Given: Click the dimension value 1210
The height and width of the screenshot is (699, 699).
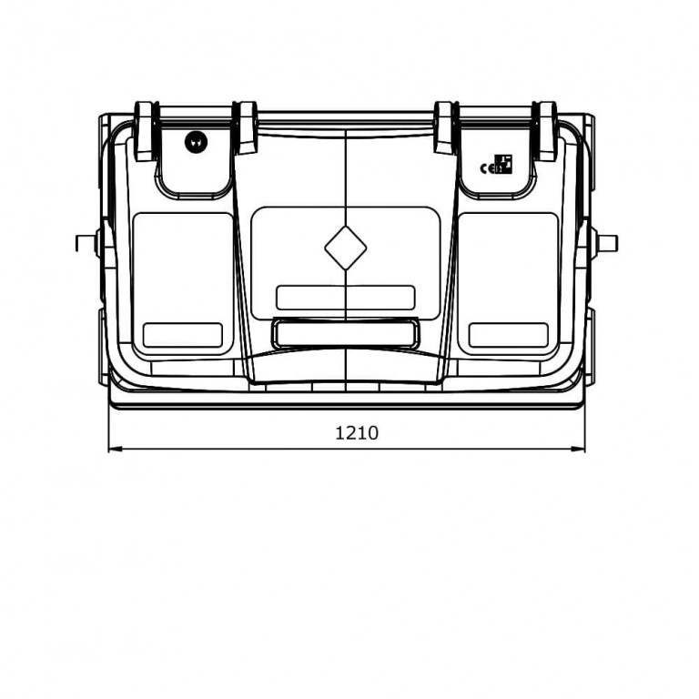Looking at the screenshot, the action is pyautogui.click(x=357, y=433).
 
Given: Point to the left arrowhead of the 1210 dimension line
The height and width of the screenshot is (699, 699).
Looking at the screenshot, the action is pyautogui.click(x=115, y=449).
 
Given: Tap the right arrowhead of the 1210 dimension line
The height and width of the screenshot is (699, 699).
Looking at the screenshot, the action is pyautogui.click(x=578, y=449).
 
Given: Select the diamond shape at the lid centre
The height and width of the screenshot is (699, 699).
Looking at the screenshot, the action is pyautogui.click(x=346, y=248).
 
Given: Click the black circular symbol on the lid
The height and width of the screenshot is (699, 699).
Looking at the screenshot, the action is pyautogui.click(x=197, y=142).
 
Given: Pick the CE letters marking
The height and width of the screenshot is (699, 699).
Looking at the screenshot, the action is pyautogui.click(x=487, y=168).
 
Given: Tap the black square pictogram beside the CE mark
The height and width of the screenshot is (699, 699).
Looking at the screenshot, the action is pyautogui.click(x=503, y=164).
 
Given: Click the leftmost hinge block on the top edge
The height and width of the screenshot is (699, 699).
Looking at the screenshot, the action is pyautogui.click(x=144, y=131).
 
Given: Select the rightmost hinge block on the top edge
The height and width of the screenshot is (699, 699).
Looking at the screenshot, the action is pyautogui.click(x=547, y=131).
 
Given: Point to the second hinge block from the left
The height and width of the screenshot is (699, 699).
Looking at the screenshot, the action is pyautogui.click(x=246, y=128).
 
